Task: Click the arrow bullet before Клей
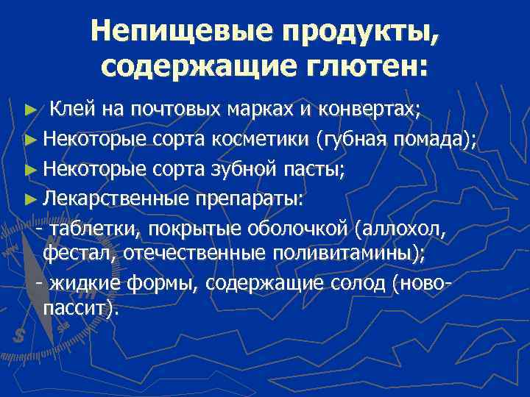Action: tap(29, 111)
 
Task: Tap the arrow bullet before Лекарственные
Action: tap(29, 199)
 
